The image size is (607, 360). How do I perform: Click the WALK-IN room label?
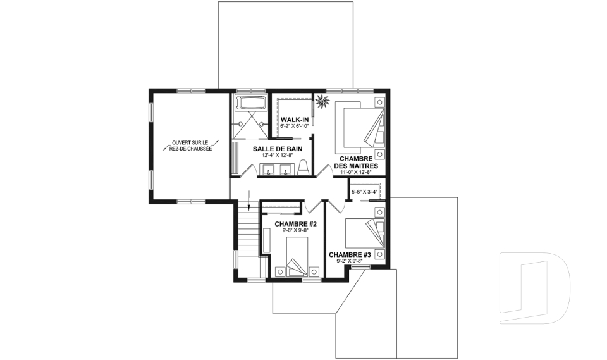[x=295, y=120]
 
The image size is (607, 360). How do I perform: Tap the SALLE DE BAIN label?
[x=278, y=149]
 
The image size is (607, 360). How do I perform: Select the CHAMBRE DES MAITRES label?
[x=356, y=163]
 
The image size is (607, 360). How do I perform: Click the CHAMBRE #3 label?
[x=350, y=254]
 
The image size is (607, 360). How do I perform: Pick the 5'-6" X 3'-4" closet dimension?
[x=364, y=192]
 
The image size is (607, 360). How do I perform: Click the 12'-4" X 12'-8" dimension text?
[x=278, y=155]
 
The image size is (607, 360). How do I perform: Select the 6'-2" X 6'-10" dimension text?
[x=295, y=126]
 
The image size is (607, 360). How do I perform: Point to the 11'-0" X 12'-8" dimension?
[x=356, y=172]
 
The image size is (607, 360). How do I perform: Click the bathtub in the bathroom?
[x=251, y=102]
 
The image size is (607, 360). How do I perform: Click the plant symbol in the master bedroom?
[x=321, y=102]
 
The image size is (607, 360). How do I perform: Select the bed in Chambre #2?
[x=297, y=257]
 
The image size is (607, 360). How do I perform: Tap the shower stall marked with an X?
[x=251, y=124]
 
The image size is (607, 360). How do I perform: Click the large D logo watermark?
[x=535, y=288]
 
